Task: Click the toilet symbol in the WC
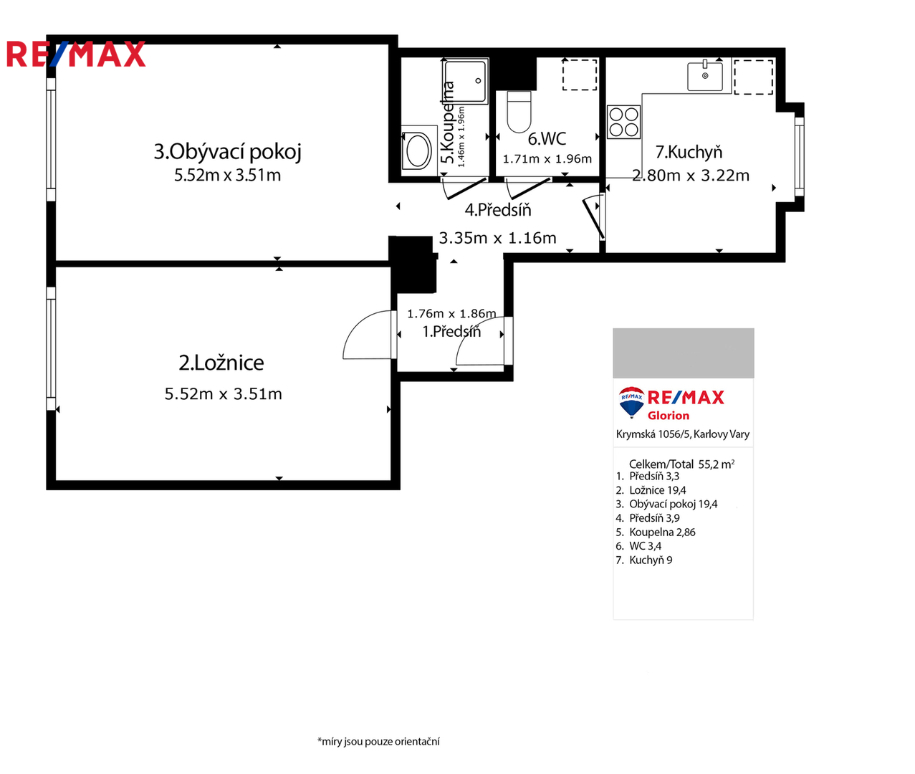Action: (x=519, y=112)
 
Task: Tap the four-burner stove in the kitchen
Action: (x=623, y=122)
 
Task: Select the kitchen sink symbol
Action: (x=705, y=76)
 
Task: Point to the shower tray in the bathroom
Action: (x=465, y=82)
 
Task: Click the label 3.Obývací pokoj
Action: (x=228, y=152)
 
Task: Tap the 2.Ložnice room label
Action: (x=221, y=363)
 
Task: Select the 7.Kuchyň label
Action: (x=689, y=152)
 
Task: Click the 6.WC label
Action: (x=547, y=138)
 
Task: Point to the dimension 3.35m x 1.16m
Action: (x=497, y=238)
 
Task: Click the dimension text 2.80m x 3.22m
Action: (x=691, y=176)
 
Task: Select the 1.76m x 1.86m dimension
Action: (x=451, y=313)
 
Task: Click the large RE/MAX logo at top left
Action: (x=76, y=54)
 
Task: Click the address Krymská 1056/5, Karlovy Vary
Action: (x=683, y=434)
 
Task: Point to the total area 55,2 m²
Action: (x=717, y=464)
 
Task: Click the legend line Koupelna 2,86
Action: (x=656, y=532)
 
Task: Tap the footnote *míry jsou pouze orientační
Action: (x=378, y=742)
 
